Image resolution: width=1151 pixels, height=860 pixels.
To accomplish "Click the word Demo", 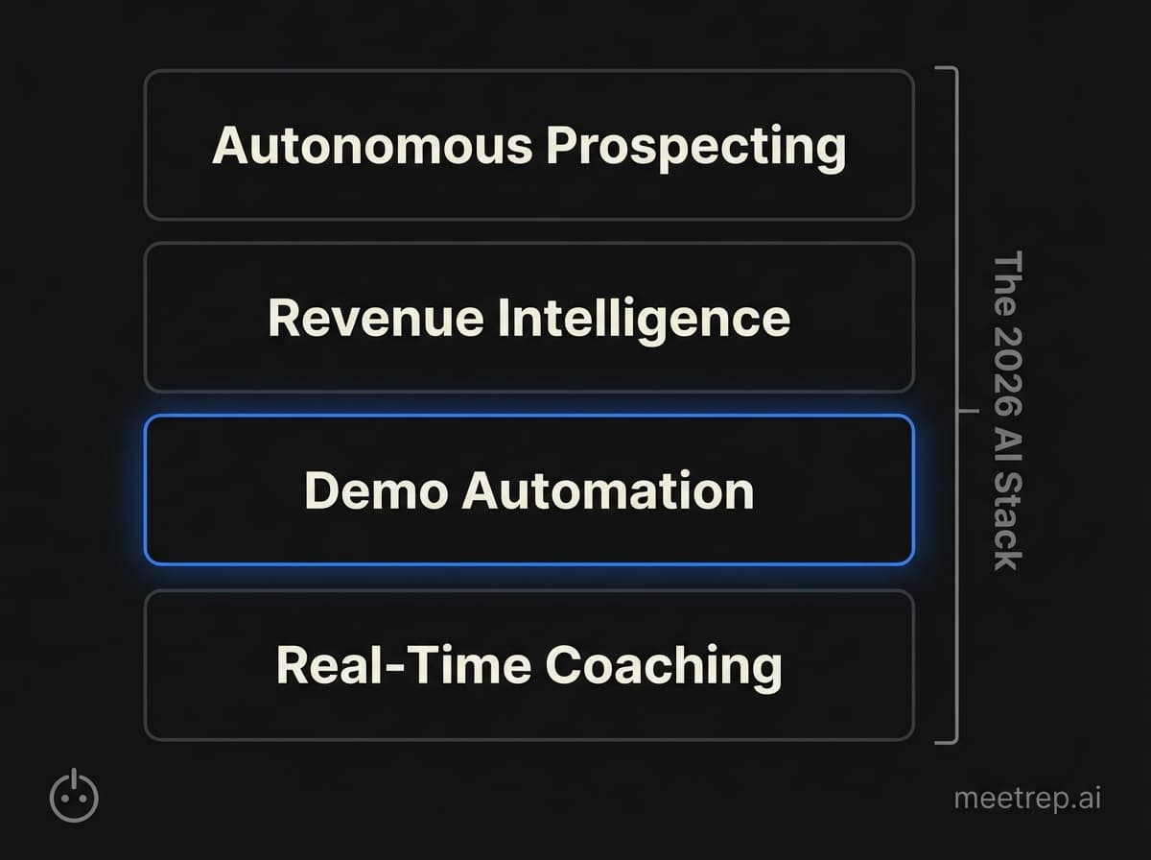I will (x=375, y=490).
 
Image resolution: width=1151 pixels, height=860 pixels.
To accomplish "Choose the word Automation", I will (x=607, y=490).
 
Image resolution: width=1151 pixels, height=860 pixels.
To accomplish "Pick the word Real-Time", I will (x=401, y=665).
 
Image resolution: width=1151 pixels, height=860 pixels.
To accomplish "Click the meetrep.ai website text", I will (x=1027, y=799).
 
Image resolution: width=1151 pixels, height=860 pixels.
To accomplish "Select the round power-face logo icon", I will (x=74, y=797).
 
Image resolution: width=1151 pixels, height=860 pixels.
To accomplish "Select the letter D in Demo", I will (x=322, y=490).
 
